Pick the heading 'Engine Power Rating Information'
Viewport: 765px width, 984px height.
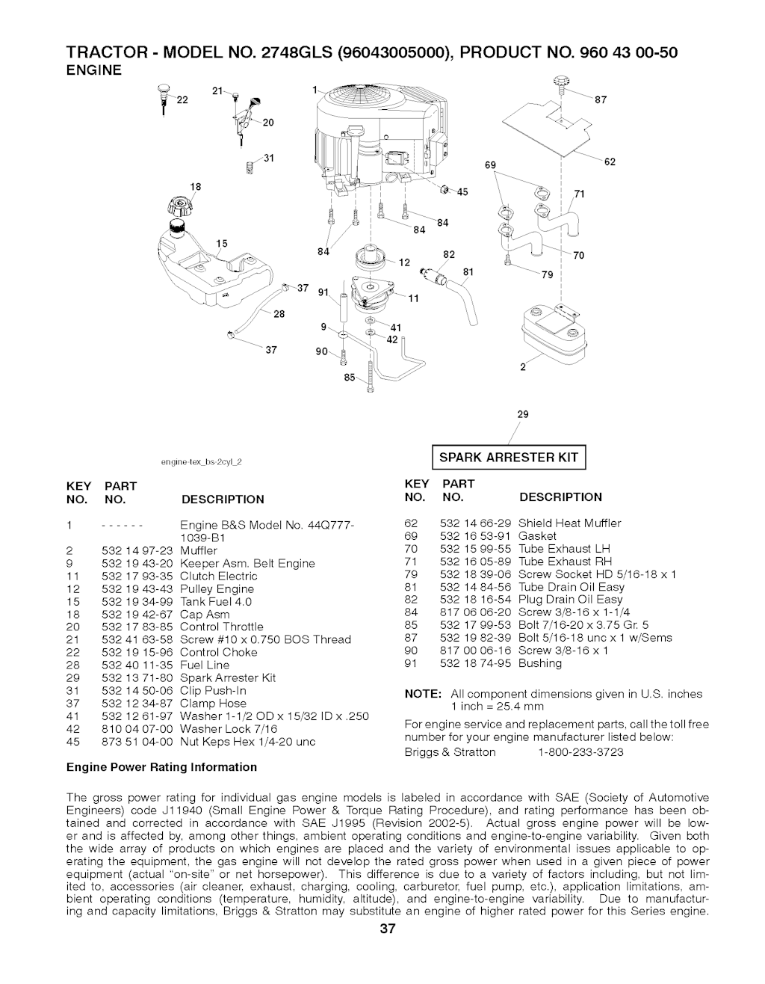point(161,767)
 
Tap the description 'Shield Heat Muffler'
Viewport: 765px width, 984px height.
point(569,523)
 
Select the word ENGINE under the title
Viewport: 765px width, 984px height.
point(94,71)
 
